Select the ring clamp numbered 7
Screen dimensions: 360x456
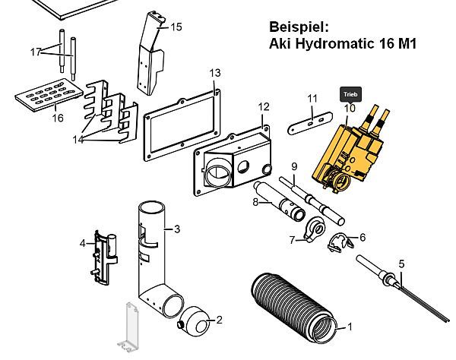click(314, 228)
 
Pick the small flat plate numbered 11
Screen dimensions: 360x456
click(310, 122)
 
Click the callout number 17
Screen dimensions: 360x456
click(35, 52)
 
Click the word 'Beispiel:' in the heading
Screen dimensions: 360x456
click(297, 25)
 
